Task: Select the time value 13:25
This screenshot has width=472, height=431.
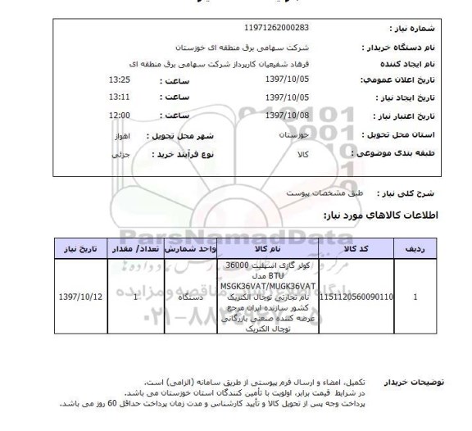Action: pos(120,79)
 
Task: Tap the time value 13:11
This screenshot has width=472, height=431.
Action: pos(120,97)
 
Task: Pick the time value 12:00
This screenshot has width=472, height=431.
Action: pos(120,114)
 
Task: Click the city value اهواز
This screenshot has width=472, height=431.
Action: pos(118,133)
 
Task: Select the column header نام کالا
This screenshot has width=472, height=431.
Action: pos(266,247)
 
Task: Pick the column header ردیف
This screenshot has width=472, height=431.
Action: pos(418,247)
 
